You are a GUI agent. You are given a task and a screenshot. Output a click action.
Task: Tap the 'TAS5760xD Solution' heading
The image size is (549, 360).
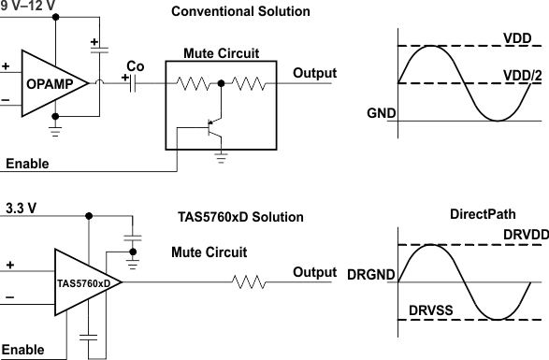coord(240,217)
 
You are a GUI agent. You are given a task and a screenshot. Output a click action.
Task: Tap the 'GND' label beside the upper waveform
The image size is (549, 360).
coord(382,113)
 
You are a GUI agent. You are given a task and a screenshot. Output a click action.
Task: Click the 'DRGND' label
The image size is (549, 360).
coord(370,276)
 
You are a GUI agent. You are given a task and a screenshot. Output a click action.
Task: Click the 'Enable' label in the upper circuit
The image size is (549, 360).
coord(27,165)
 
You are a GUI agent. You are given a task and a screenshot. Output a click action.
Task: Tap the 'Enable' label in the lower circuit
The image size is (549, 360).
coord(23,349)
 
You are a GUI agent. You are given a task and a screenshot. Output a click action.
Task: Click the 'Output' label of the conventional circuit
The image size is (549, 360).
coord(315,73)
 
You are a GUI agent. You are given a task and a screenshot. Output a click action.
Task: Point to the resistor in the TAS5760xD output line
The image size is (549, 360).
coord(250,280)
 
